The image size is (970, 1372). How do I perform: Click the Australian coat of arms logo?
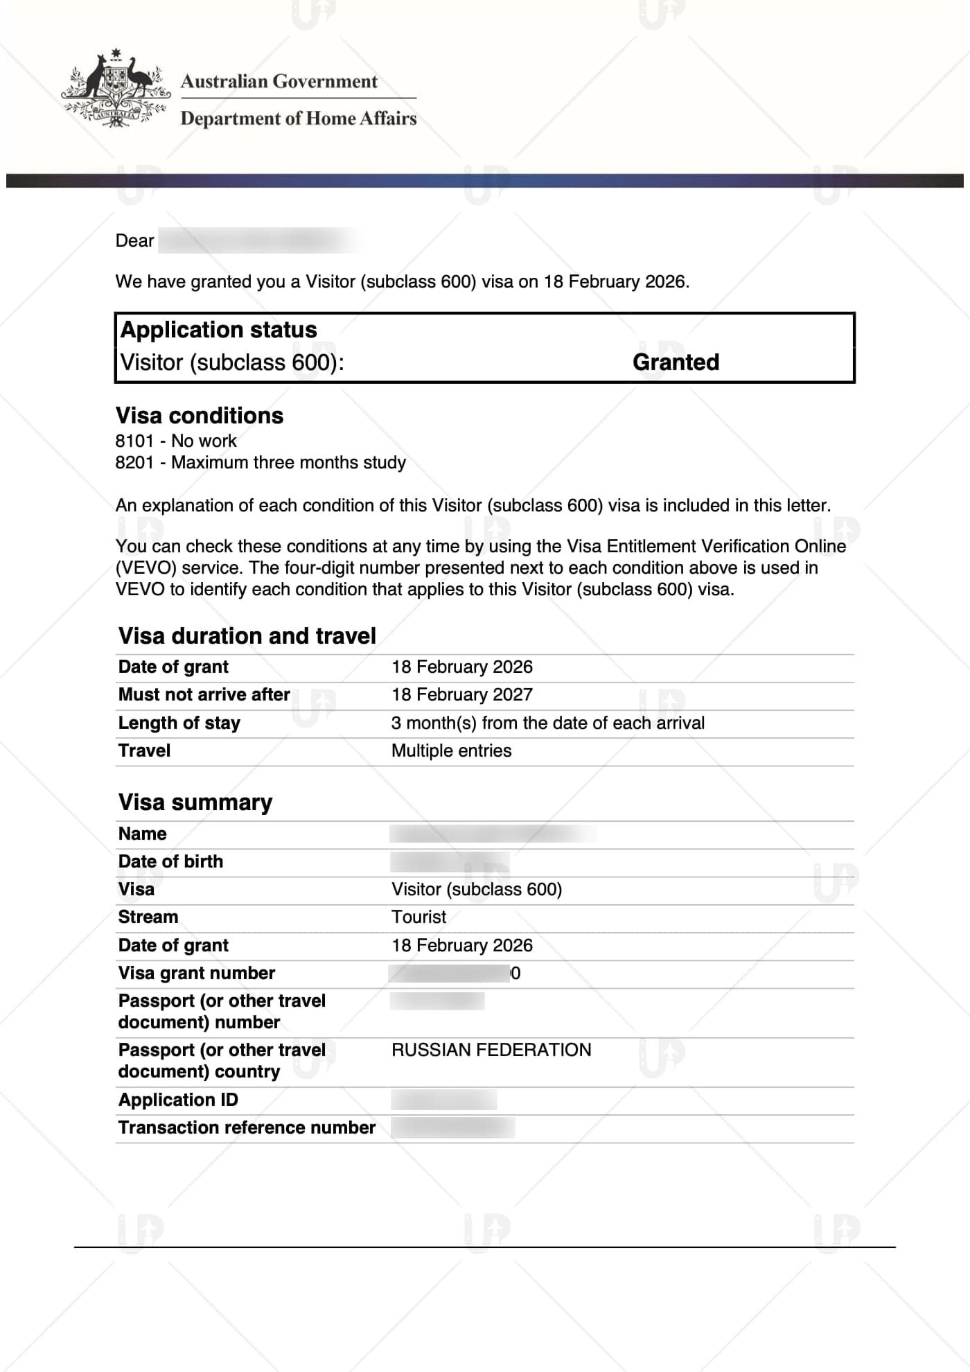coord(116,89)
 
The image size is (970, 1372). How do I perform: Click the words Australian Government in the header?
coord(279,82)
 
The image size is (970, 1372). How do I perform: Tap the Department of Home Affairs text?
coord(299,118)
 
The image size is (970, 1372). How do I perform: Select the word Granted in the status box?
coord(676,362)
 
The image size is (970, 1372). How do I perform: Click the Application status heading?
coord(219,330)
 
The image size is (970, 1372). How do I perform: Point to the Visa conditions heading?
coord(200,416)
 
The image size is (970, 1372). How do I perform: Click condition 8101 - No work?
coord(176,441)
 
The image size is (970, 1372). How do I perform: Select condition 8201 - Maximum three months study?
coord(261,462)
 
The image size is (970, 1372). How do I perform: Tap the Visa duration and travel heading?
coord(247,636)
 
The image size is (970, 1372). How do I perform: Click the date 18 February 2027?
coord(462,694)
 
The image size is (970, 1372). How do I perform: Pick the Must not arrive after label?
coord(204,694)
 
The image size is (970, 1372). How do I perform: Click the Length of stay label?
coord(179,723)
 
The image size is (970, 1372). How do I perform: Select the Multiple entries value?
coord(452,751)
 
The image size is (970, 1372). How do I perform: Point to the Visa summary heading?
coord(195,802)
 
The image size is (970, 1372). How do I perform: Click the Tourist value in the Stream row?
coord(419,917)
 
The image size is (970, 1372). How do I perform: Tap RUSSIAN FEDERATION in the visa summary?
coord(491,1050)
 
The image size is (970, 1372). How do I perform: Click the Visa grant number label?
coord(197,974)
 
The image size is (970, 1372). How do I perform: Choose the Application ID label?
coord(178,1100)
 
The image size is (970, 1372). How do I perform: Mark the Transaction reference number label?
coord(247,1127)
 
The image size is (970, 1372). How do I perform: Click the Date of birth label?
coord(170,861)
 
